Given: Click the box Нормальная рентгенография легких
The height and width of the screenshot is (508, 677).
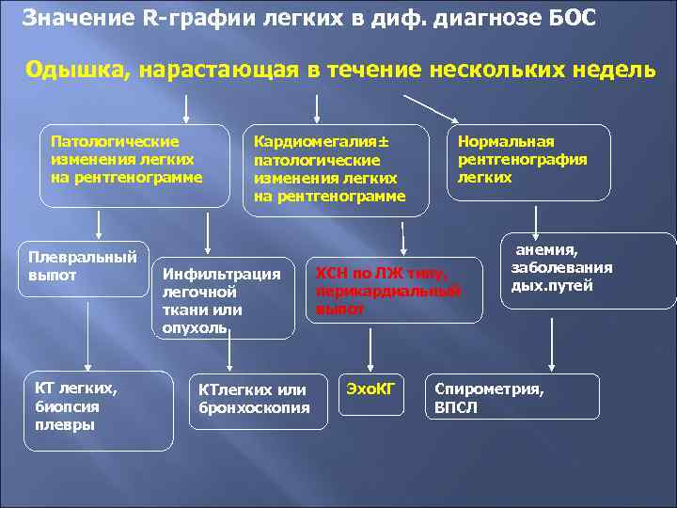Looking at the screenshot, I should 527,162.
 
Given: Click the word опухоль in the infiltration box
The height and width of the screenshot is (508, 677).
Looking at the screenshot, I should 195,327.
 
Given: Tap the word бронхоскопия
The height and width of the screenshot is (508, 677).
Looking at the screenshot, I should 254,407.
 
